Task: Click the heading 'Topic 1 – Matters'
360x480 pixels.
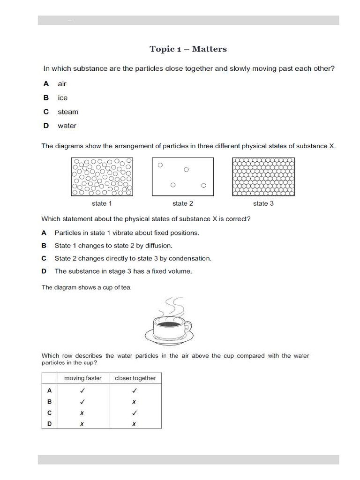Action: pyautogui.click(x=188, y=49)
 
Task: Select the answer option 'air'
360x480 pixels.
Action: pyautogui.click(x=62, y=84)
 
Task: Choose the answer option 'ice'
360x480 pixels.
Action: pyautogui.click(x=62, y=98)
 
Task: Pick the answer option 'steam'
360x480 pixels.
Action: pyautogui.click(x=68, y=112)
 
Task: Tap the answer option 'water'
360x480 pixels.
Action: pyautogui.click(x=67, y=126)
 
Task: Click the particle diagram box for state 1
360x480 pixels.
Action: pyautogui.click(x=102, y=177)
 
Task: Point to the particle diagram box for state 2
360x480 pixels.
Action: pyautogui.click(x=183, y=177)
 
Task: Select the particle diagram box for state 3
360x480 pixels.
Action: pyautogui.click(x=263, y=177)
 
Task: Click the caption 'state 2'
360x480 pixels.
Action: pyautogui.click(x=183, y=203)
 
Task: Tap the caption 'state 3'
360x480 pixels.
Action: pyautogui.click(x=263, y=203)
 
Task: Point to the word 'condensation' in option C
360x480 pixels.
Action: pyautogui.click(x=190, y=258)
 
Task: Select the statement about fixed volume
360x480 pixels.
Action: pyautogui.click(x=123, y=271)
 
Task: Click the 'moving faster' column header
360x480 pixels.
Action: pyautogui.click(x=82, y=378)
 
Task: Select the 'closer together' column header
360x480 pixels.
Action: pyautogui.click(x=135, y=378)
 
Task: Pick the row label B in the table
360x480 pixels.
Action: pyautogui.click(x=49, y=402)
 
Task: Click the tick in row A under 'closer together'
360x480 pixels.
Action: pyautogui.click(x=135, y=390)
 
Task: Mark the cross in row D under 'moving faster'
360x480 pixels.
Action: pyautogui.click(x=82, y=424)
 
